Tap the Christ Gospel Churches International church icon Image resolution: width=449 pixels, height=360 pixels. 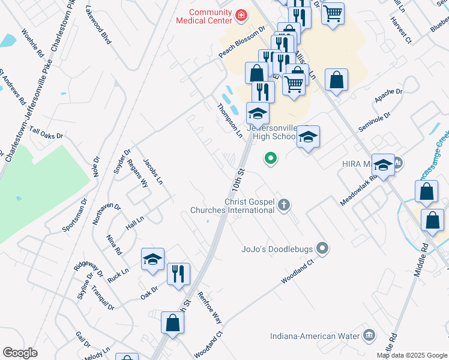[x=284, y=206]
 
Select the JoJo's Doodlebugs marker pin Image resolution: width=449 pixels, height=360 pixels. [x=323, y=248]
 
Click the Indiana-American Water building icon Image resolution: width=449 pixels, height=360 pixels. [x=369, y=335]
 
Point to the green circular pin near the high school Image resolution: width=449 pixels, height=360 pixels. [x=271, y=158]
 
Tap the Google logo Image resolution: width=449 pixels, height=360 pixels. [x=20, y=353]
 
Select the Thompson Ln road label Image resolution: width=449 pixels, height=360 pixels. [x=229, y=119]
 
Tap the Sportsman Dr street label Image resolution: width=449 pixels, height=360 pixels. [x=74, y=214]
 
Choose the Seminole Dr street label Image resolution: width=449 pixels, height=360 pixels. [x=375, y=123]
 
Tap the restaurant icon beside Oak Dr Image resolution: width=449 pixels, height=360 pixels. [x=178, y=274]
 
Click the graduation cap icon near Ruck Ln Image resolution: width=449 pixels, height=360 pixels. [x=152, y=259]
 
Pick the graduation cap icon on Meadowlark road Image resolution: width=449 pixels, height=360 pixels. [x=383, y=164]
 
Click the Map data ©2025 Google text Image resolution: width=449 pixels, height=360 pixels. [x=412, y=355]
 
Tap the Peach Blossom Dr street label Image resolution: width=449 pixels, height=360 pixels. [x=242, y=42]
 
